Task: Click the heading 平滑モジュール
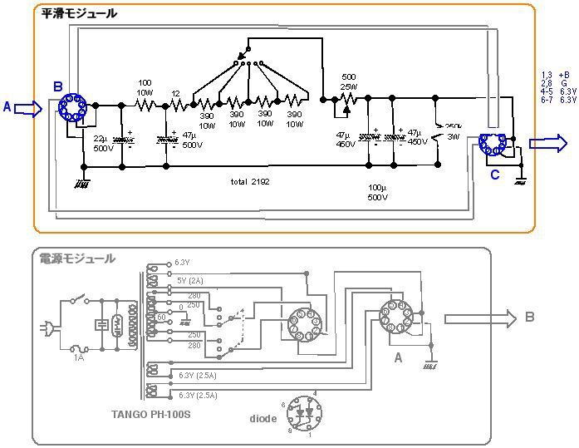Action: tap(80, 13)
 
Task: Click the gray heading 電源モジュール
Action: tap(78, 258)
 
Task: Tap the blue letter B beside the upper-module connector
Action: tap(57, 86)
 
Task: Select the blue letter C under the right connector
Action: tap(495, 175)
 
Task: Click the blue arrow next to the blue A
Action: tap(27, 108)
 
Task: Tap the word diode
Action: tap(263, 419)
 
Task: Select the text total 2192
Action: tap(250, 180)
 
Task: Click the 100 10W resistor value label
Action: tap(145, 87)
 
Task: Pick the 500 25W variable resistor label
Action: tap(349, 81)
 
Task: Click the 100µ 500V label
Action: tap(377, 194)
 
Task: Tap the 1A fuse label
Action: tap(78, 357)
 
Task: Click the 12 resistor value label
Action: tap(175, 93)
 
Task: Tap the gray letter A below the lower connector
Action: tap(398, 358)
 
